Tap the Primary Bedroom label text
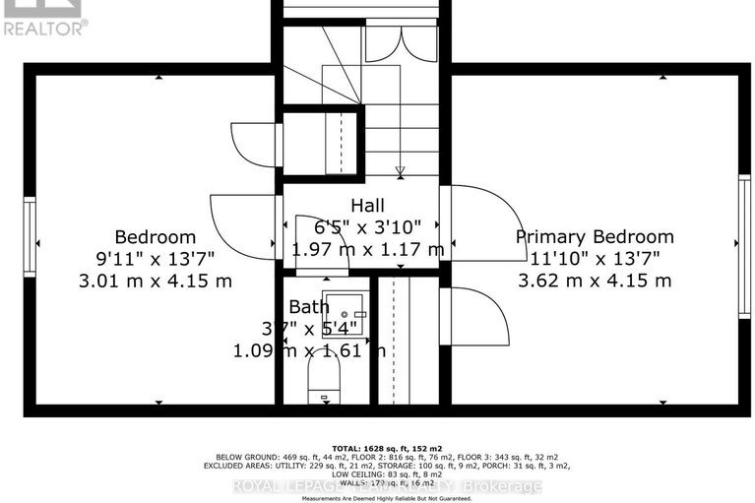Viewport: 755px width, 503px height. click(x=596, y=236)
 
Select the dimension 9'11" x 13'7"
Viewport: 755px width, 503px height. click(x=156, y=259)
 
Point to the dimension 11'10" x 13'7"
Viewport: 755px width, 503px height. click(x=596, y=259)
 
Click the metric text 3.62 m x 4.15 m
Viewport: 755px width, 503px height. click(x=596, y=281)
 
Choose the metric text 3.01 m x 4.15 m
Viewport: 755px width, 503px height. click(x=156, y=281)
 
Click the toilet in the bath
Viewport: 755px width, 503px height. click(x=323, y=379)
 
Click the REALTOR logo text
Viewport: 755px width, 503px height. click(x=44, y=27)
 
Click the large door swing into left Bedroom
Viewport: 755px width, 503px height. click(x=241, y=228)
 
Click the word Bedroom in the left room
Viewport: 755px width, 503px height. click(x=156, y=237)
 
